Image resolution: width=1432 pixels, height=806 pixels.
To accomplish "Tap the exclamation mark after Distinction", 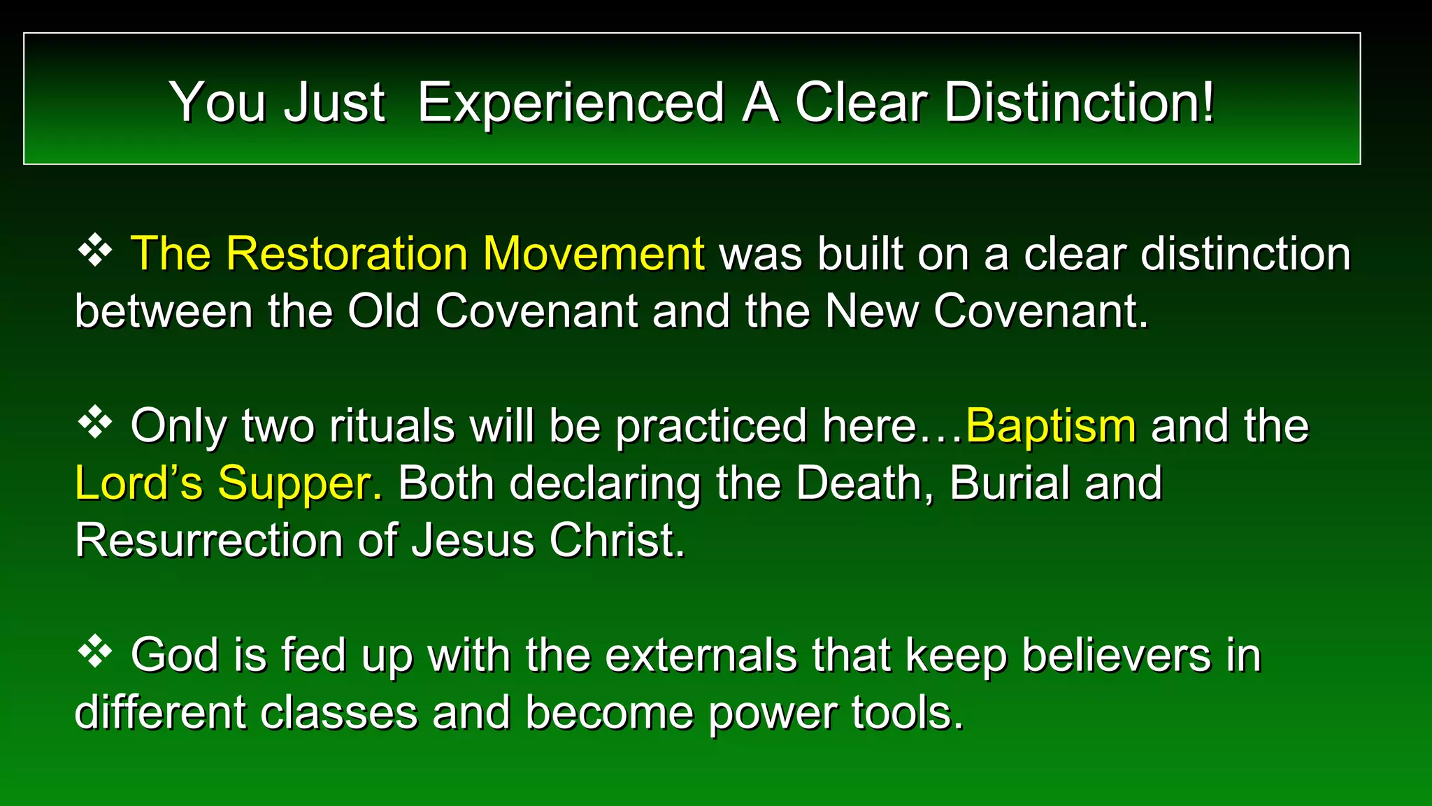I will (1208, 103).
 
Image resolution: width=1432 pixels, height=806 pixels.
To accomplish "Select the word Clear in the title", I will (861, 103).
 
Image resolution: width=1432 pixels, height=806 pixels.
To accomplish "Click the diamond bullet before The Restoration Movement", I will (95, 251).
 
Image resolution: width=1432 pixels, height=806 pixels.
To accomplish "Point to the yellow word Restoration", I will (346, 253).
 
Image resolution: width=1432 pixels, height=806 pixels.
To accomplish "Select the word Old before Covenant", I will (384, 311).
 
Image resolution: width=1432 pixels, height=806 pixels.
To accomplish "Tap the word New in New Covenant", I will (871, 311).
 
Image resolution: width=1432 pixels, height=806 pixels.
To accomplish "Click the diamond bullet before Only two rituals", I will (95, 423).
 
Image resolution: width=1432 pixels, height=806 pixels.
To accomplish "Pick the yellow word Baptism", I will (1050, 425).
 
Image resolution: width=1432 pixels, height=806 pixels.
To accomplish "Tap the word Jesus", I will (473, 540).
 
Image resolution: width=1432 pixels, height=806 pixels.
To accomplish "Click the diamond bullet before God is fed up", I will (95, 653).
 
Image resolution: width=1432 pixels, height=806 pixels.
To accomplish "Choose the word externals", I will (701, 656).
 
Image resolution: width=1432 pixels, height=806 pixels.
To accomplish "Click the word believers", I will (1116, 656).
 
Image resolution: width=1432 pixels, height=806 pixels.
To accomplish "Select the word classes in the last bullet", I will (338, 713).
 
